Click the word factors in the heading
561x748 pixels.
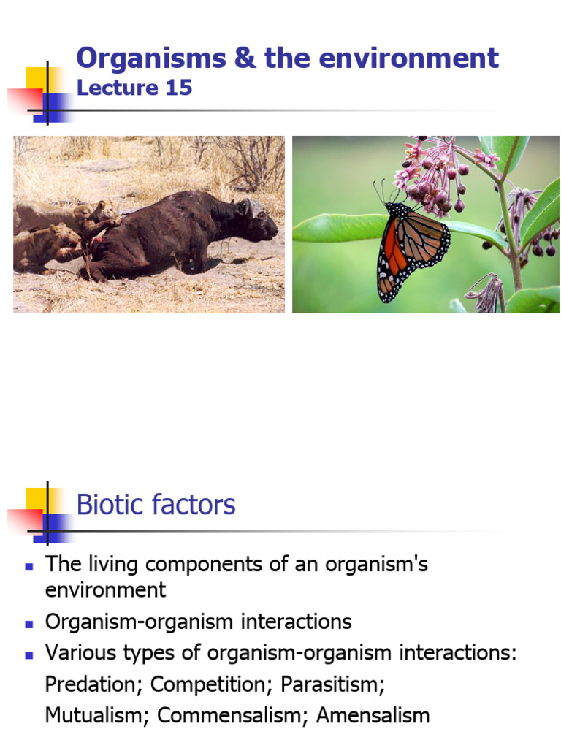[x=196, y=505]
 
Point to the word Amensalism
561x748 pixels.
[x=373, y=716]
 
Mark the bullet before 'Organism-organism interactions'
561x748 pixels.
[x=29, y=624]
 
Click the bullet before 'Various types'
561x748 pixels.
[x=29, y=654]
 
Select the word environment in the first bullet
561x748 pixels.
[x=106, y=589]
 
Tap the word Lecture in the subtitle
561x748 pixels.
[x=117, y=88]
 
